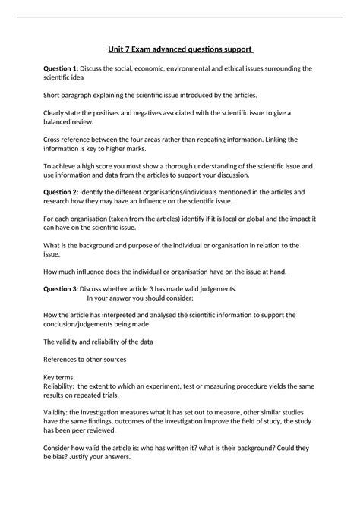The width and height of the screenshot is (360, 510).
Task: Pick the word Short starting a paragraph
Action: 52,95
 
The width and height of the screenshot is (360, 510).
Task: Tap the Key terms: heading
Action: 60,377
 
